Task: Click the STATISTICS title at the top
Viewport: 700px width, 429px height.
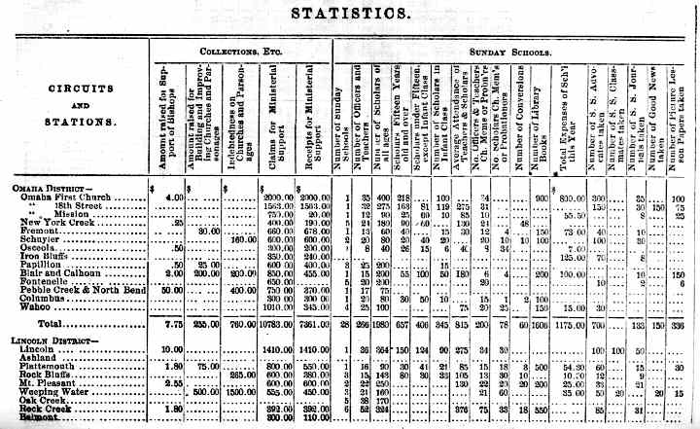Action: [x=349, y=14]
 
